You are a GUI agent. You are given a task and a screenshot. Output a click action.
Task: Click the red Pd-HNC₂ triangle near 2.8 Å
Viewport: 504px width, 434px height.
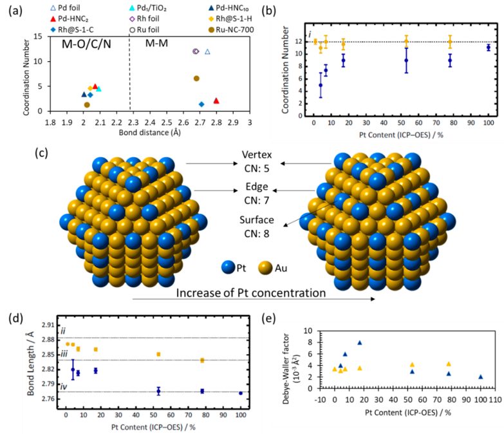[x=216, y=100]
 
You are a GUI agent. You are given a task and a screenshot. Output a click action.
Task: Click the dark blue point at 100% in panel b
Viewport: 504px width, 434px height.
[x=489, y=48]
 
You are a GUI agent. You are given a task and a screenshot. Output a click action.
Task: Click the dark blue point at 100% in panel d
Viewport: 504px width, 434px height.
[x=240, y=393]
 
